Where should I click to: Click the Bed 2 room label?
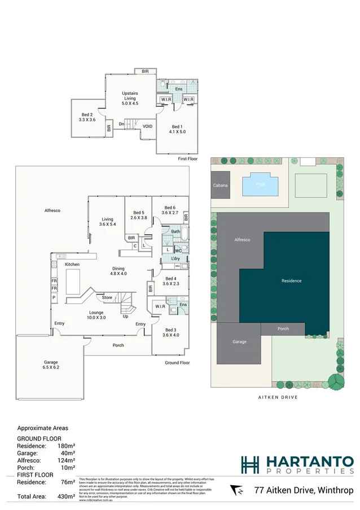(x=86, y=115)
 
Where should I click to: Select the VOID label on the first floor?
(x=148, y=126)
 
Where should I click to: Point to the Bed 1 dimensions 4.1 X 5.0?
(x=177, y=131)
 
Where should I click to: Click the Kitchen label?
(x=72, y=264)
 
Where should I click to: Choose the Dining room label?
(x=118, y=269)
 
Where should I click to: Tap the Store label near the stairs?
(x=107, y=297)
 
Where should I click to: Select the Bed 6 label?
(x=170, y=208)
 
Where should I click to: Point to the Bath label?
(x=175, y=231)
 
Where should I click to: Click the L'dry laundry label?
(x=175, y=258)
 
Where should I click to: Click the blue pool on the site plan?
(x=260, y=184)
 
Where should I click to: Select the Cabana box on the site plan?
(x=220, y=186)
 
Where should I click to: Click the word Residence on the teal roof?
(x=292, y=280)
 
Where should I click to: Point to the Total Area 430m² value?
(x=67, y=496)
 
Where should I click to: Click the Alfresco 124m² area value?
(x=67, y=460)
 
